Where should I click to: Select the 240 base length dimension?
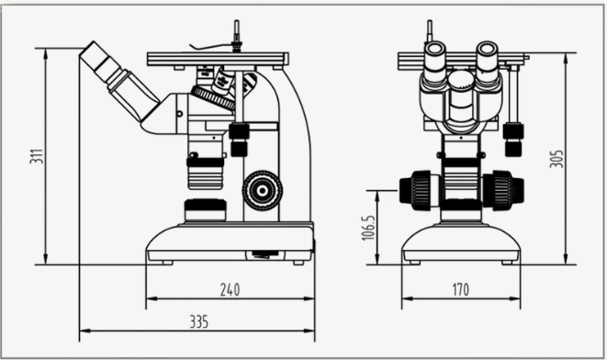230,290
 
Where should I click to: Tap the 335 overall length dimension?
197,321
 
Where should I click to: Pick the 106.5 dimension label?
369,228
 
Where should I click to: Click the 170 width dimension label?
460,290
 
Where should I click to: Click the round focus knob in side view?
263,189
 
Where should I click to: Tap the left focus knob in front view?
415,189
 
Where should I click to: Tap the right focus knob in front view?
503,189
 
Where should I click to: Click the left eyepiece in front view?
434,59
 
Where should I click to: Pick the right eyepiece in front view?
488,59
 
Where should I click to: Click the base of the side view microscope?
230,243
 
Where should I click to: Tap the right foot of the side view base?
298,262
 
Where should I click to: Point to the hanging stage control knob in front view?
513,140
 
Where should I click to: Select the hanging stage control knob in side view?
239,140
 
